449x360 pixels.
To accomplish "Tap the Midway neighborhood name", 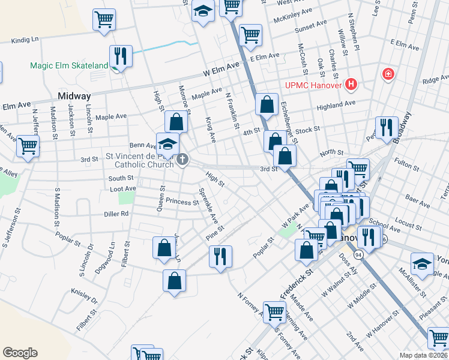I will [x=74, y=96].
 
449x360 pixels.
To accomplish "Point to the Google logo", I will [x=20, y=353].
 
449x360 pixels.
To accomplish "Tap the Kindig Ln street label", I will [x=25, y=40].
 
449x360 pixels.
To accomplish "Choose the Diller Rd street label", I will [x=116, y=213].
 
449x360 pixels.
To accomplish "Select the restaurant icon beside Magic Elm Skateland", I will [x=121, y=56].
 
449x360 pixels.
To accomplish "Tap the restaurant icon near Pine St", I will [x=220, y=256].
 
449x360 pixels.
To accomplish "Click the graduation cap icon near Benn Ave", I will [x=167, y=144].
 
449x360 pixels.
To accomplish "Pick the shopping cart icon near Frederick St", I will [x=274, y=311].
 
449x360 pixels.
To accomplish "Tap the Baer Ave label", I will [x=414, y=197].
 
